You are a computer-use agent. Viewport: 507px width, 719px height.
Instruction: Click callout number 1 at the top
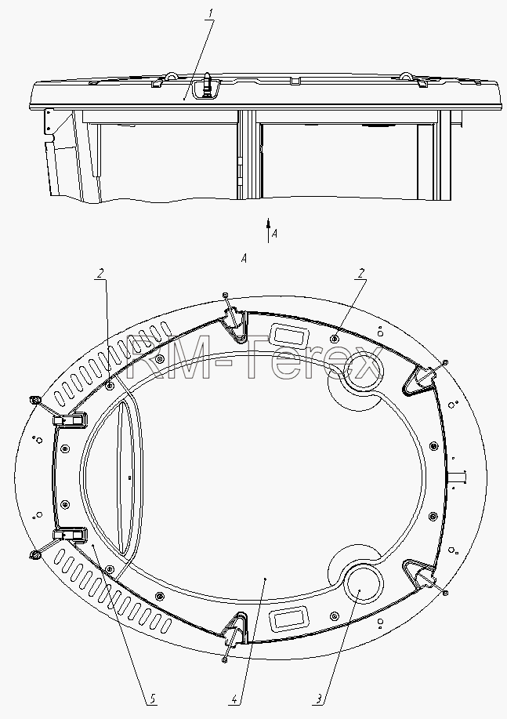coord(211,14)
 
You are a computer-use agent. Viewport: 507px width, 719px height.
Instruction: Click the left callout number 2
coord(100,274)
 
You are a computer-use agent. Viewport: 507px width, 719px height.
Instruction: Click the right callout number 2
coord(362,274)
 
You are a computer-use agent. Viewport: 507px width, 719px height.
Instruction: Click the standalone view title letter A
coord(244,259)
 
